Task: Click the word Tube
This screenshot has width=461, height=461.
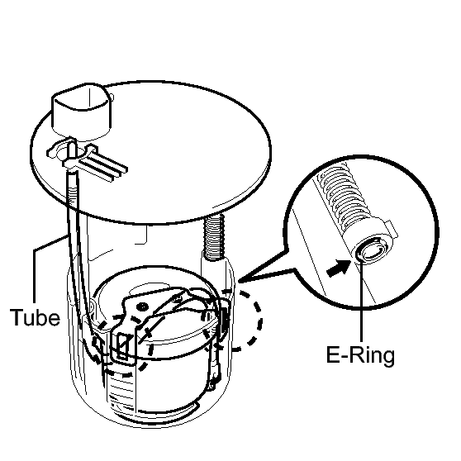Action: pyautogui.click(x=35, y=317)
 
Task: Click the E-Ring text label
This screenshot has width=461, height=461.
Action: pyautogui.click(x=360, y=355)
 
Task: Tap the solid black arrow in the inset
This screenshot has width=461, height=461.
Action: pyautogui.click(x=339, y=268)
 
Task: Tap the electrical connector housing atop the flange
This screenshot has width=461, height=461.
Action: pyautogui.click(x=82, y=110)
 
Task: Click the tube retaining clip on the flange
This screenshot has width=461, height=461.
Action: pyautogui.click(x=71, y=152)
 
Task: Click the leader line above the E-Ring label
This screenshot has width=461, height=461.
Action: pyautogui.click(x=361, y=300)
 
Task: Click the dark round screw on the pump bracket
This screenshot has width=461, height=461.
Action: pyautogui.click(x=143, y=307)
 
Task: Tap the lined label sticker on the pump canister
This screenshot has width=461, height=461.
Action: pyautogui.click(x=121, y=392)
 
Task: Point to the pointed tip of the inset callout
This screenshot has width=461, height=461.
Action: pyautogui.click(x=239, y=282)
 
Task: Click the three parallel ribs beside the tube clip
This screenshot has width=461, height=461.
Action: pyautogui.click(x=103, y=165)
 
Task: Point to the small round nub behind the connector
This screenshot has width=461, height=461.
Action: pyautogui.click(x=112, y=97)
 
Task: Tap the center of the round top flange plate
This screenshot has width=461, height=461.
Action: pyautogui.click(x=151, y=152)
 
